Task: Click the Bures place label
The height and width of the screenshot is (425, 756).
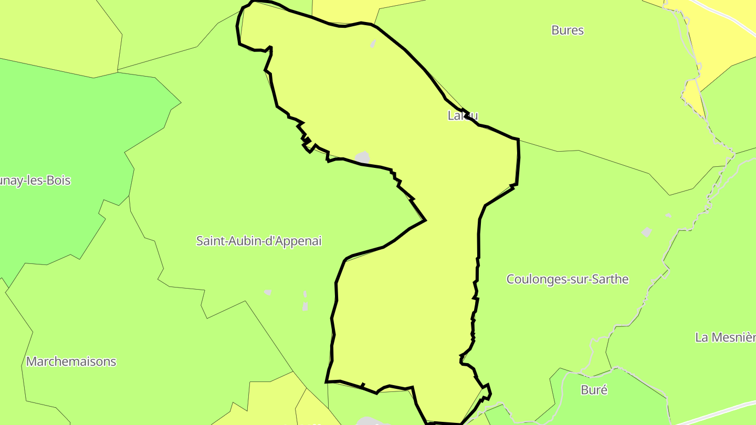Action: click(568, 30)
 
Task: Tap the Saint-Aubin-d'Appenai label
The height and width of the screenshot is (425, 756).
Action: click(259, 241)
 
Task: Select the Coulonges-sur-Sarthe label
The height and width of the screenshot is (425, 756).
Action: click(567, 279)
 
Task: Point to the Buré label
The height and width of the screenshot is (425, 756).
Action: click(594, 390)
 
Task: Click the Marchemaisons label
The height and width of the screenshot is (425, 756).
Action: click(71, 362)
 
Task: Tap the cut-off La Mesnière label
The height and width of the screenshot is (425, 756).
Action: click(725, 337)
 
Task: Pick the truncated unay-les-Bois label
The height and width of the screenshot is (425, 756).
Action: click(35, 180)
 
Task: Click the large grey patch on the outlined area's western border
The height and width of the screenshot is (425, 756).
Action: click(362, 157)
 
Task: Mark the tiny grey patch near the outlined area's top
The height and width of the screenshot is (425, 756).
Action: click(373, 44)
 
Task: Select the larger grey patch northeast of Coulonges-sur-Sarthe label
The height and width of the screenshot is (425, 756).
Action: click(647, 232)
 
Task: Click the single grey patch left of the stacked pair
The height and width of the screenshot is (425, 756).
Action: click(268, 292)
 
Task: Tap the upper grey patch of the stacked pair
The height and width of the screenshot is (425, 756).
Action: click(305, 294)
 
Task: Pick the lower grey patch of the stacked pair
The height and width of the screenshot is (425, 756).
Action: click(305, 306)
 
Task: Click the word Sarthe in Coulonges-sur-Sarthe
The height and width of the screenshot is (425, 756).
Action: click(610, 279)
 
